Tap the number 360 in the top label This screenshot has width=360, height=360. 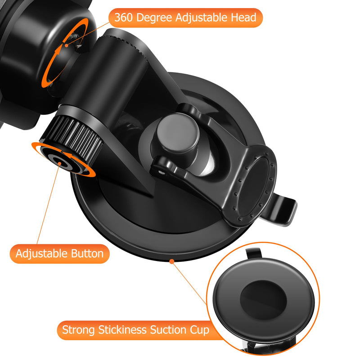123,18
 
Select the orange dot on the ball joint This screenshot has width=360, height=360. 67,45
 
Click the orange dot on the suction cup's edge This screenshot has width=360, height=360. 171,260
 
